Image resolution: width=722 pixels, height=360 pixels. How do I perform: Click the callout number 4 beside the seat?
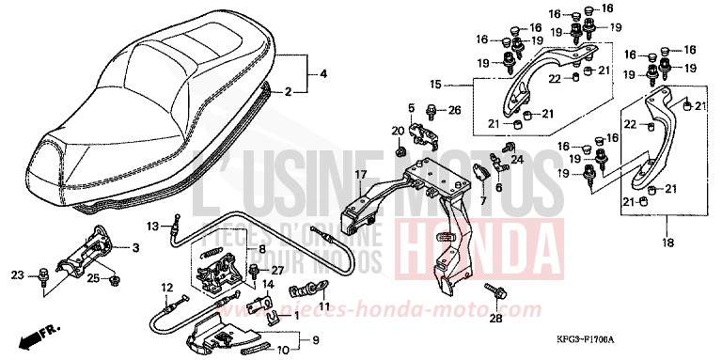323,73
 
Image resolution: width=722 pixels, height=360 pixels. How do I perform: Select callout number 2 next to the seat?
289,91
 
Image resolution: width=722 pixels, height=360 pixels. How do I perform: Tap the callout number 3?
135,247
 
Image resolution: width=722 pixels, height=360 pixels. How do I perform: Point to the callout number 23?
17,275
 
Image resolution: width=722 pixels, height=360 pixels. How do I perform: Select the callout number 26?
455,111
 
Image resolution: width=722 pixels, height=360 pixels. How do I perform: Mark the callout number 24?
517,160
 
